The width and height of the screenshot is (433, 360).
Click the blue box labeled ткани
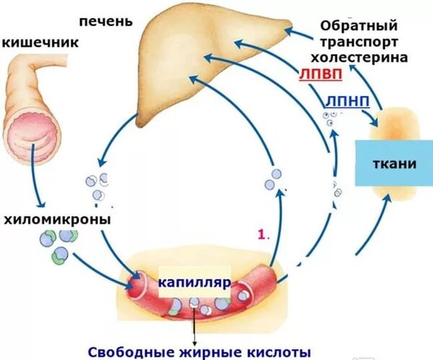pyautogui.click(x=395, y=163)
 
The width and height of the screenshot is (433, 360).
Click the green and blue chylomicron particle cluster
pyautogui.click(x=56, y=245)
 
